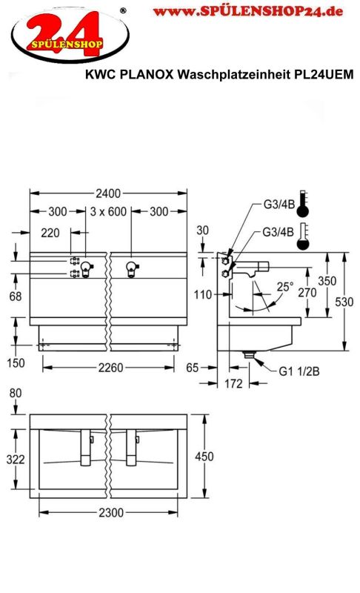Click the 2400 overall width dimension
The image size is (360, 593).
tap(108, 193)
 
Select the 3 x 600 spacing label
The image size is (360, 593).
tap(108, 211)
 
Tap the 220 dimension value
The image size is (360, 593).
tap(50, 233)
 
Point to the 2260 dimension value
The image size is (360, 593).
tap(110, 367)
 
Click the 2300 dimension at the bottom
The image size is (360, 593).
tap(111, 512)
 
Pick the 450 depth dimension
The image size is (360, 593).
tap(204, 457)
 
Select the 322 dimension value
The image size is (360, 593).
tap(16, 460)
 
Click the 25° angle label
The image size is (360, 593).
tap(285, 286)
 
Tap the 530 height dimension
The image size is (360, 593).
tap(344, 302)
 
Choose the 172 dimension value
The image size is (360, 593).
tap(233, 384)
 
